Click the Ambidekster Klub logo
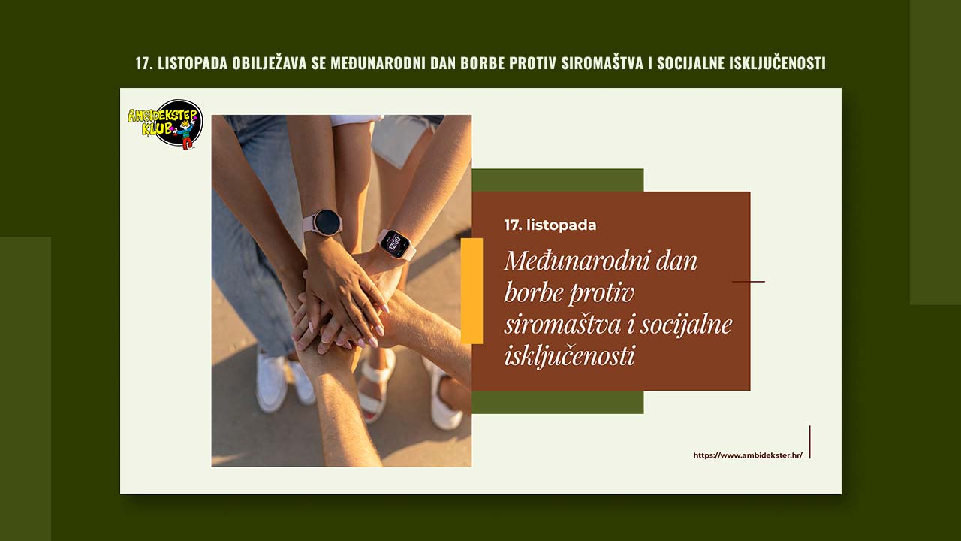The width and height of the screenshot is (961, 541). click(x=166, y=123)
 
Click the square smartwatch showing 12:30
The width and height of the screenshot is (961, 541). click(x=395, y=243)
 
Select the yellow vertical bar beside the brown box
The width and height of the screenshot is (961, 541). click(x=471, y=291)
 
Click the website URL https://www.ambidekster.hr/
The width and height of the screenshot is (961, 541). click(x=747, y=455)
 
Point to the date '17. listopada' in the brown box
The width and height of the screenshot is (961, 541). click(x=550, y=225)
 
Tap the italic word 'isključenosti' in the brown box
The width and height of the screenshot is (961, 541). click(x=569, y=355)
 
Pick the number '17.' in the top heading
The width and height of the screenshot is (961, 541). click(x=144, y=63)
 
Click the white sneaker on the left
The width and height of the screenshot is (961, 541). click(x=271, y=383)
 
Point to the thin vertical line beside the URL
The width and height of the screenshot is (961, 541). click(x=809, y=442)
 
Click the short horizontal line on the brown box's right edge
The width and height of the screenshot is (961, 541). click(x=748, y=282)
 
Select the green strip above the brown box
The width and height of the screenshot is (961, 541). click(x=557, y=180)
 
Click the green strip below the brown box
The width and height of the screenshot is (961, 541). click(x=557, y=402)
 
